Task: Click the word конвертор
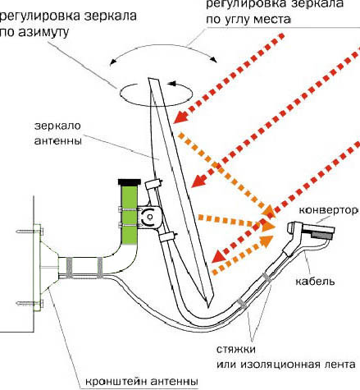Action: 328,210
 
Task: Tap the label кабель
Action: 315,281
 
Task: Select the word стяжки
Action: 236,350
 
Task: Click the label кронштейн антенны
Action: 142,381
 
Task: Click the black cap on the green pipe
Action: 130,181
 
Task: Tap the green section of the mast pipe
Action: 129,214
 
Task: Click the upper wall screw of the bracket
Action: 30,232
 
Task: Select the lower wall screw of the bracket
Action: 30,303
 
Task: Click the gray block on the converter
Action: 322,235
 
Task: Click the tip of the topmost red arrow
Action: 175,122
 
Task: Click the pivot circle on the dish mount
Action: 149,217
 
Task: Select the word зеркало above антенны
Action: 57,126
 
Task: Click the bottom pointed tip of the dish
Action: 208,307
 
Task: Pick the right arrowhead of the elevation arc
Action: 215,59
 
